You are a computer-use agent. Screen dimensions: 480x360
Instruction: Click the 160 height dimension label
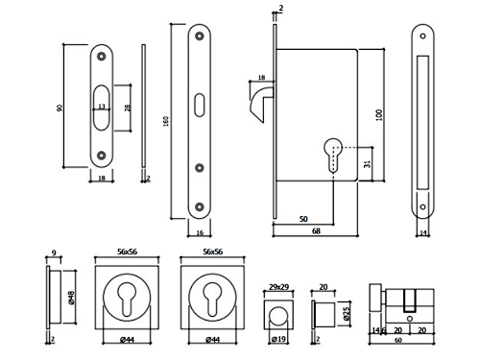(166, 121)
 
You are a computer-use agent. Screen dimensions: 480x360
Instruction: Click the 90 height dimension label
(60, 108)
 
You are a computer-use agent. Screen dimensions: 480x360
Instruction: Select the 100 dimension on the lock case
(379, 115)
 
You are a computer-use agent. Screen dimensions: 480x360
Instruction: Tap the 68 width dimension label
(316, 231)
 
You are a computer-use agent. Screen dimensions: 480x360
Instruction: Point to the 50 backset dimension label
(303, 219)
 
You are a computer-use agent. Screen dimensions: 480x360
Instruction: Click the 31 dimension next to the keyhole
(368, 164)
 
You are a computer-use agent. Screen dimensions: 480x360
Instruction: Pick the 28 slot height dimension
(128, 108)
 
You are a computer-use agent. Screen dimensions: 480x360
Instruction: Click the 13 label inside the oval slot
(102, 107)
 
